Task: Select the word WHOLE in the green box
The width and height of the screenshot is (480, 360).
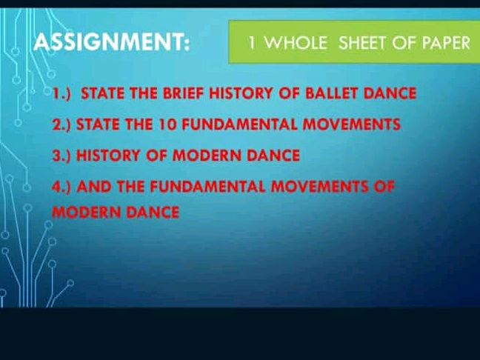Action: (x=296, y=43)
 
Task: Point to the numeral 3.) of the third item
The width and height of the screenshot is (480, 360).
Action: (x=61, y=156)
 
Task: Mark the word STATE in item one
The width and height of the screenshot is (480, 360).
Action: (x=103, y=94)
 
